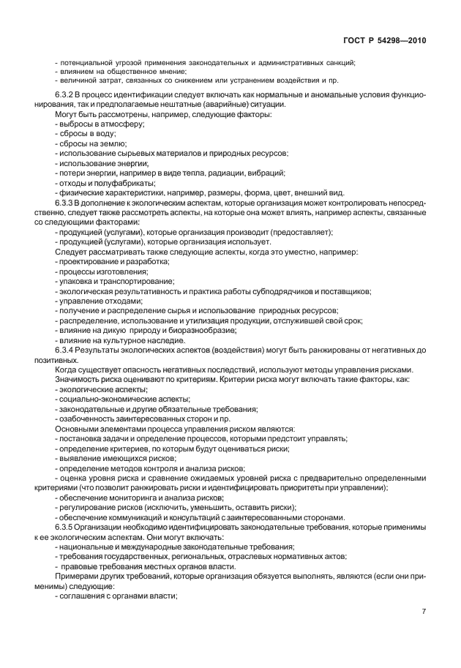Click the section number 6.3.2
pyautogui.click(x=67, y=96)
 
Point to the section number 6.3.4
pyautogui.click(x=67, y=351)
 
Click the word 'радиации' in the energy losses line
pyautogui.click(x=229, y=173)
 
